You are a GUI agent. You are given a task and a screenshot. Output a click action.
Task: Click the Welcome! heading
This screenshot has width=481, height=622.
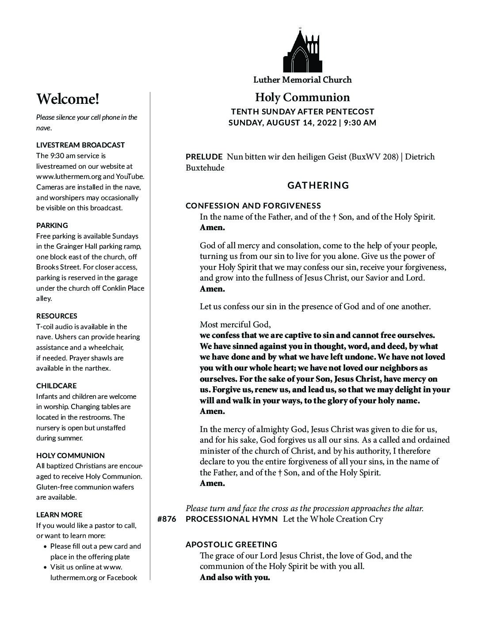click(68, 99)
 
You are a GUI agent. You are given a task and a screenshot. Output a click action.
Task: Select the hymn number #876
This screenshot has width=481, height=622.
click(167, 519)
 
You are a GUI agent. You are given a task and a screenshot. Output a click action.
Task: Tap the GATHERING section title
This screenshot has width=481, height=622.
click(318, 186)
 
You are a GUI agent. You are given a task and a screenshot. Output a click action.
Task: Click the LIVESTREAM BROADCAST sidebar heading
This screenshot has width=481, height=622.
click(80, 145)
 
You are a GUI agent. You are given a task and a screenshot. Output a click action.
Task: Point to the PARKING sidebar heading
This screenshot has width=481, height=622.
click(52, 225)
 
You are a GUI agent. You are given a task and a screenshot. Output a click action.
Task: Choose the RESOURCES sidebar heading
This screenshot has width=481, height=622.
click(57, 316)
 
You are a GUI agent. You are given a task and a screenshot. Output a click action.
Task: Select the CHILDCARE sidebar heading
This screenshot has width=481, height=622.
click(56, 386)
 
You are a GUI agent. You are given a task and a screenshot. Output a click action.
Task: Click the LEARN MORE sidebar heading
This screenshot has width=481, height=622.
click(59, 515)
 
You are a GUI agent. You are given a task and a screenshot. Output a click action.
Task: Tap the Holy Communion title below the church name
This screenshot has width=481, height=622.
click(302, 98)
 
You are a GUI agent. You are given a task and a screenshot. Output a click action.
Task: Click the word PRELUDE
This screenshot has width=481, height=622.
click(204, 157)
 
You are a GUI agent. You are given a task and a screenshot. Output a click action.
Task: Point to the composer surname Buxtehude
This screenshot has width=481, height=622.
click(205, 168)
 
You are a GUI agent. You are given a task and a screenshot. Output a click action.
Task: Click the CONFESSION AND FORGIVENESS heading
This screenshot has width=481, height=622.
click(253, 206)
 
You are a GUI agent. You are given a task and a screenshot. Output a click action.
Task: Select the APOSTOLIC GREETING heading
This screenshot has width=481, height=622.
click(232, 545)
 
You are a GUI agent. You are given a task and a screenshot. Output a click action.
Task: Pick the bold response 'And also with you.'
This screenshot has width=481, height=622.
click(235, 577)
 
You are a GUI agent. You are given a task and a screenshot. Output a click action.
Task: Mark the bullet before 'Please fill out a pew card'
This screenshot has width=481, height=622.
click(46, 546)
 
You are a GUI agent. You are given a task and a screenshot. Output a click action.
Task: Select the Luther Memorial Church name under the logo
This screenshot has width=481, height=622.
click(302, 80)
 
